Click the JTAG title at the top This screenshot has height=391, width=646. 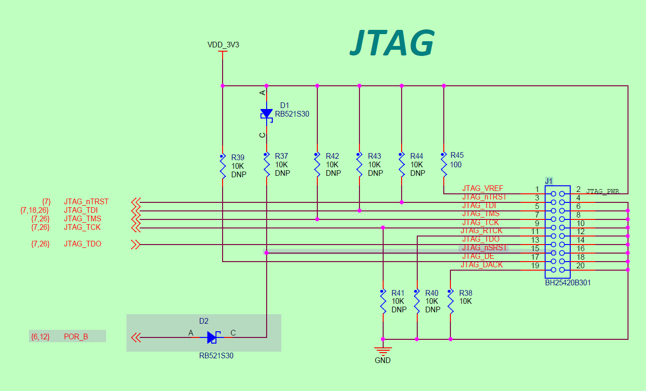coord(392,43)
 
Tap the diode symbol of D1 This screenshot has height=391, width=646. coord(267,114)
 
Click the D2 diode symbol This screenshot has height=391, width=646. coord(212,337)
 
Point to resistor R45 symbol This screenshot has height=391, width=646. coord(444,165)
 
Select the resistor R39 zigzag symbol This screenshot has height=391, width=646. coord(223,167)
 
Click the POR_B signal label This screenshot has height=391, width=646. coord(76,337)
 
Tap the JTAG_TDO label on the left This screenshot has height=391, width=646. coord(82,244)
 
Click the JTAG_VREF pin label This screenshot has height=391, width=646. coord(483,189)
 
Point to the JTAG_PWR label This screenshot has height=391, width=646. coord(602,191)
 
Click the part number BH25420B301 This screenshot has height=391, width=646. coord(567,282)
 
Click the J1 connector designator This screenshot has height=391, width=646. coord(549,181)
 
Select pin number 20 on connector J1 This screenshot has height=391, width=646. coord(580,265)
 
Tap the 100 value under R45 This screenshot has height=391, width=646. coord(456,165)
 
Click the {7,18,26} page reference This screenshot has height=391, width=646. coord(35,210)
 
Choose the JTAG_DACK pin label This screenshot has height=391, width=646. coord(482,264)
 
